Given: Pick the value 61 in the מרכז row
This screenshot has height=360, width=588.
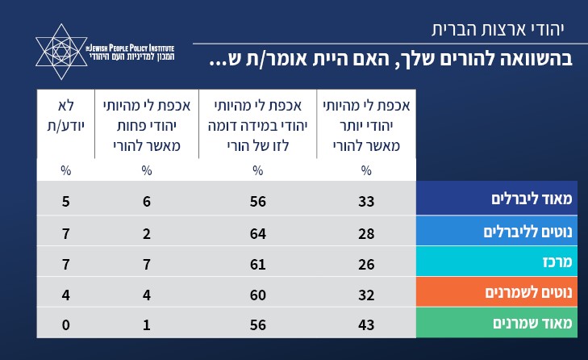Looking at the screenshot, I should [257, 262].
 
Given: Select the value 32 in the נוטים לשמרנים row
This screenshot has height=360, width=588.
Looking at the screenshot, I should [366, 294].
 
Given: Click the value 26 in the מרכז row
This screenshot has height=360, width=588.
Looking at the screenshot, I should [366, 262].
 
